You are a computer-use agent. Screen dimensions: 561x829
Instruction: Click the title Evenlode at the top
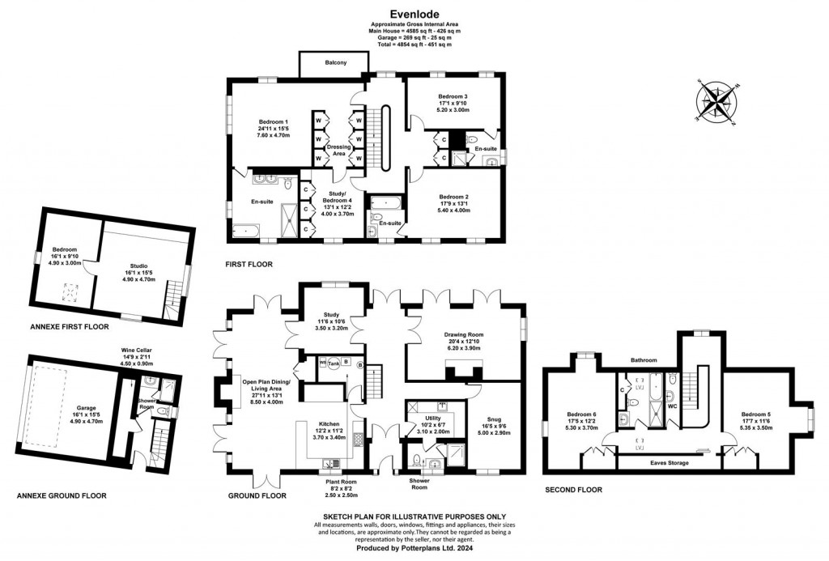tap(414, 13)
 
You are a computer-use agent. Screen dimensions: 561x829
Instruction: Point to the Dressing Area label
tap(339, 150)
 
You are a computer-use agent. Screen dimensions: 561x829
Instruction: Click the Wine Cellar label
tap(137, 351)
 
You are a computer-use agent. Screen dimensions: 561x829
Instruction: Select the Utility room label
tap(435, 419)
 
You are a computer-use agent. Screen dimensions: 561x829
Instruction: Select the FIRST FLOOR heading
tap(249, 264)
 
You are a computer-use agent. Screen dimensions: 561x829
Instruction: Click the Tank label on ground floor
tap(334, 363)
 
